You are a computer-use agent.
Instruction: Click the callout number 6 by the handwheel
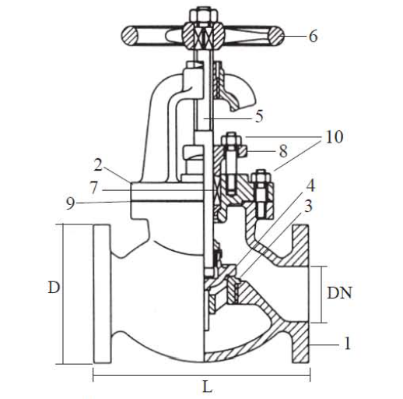tap(313, 36)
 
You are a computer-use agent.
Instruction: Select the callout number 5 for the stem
tap(259, 116)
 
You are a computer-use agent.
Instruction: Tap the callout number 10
tap(335, 136)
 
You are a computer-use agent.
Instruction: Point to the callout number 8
tap(283, 151)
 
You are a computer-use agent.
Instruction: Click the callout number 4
tap(311, 185)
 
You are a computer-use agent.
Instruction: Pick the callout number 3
tap(308, 207)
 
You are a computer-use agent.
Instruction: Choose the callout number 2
tap(98, 164)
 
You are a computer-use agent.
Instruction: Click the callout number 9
tap(70, 203)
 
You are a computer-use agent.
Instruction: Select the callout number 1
tap(348, 343)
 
